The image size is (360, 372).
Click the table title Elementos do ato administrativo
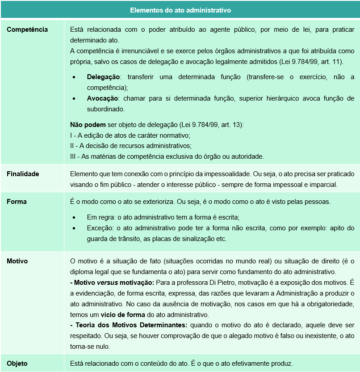pyautogui.click(x=180, y=9)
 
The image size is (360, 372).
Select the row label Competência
pyautogui.click(x=27, y=30)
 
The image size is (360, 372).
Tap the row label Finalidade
pyautogui.click(x=23, y=174)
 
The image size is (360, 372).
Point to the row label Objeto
pyautogui.click(x=17, y=363)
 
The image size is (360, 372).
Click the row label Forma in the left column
pyautogui.click(x=17, y=202)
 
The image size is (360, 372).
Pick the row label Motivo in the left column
pyautogui.click(x=17, y=260)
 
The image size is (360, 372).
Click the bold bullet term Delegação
pyautogui.click(x=103, y=77)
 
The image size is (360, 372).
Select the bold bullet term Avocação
pyautogui.click(x=102, y=98)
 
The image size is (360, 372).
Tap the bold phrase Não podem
pyautogui.click(x=88, y=124)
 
